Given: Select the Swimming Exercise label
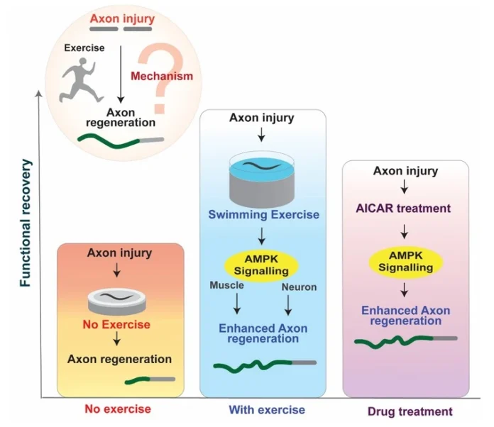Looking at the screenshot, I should (263, 215).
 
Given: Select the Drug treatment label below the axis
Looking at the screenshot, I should (410, 411).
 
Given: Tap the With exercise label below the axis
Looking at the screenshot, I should (266, 410).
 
